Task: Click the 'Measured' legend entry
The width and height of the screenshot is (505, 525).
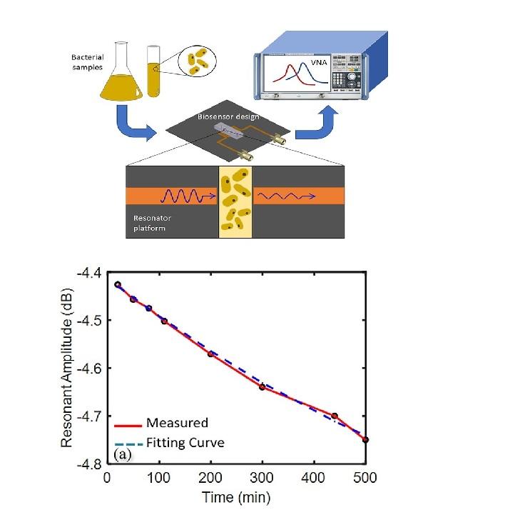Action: [177, 423]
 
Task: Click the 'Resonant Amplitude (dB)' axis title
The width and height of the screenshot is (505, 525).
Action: [67, 369]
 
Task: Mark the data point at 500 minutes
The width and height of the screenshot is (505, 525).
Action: [366, 439]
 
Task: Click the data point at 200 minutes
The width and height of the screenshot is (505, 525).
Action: [210, 354]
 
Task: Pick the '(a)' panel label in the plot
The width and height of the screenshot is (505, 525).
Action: [122, 454]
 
